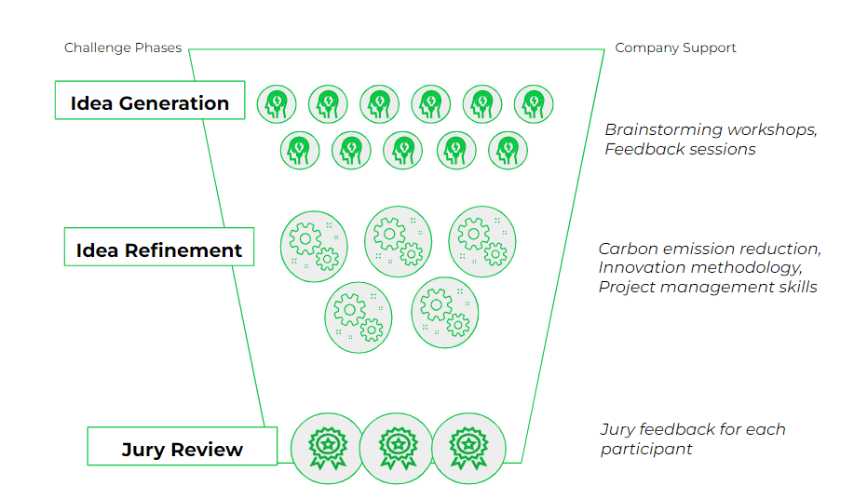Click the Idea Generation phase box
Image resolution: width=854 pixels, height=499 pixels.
click(149, 103)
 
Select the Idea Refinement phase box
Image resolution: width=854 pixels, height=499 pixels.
click(159, 249)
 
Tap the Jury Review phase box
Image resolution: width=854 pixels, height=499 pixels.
click(182, 450)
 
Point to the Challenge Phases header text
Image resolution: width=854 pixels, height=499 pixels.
click(123, 47)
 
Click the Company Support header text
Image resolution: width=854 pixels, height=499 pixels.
click(675, 47)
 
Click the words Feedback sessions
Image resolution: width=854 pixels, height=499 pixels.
click(680, 149)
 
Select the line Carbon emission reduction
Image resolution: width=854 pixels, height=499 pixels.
click(710, 249)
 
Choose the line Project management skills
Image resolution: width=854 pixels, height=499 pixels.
click(708, 287)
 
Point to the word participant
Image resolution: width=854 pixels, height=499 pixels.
click(646, 449)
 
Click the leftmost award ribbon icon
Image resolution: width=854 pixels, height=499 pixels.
click(327, 448)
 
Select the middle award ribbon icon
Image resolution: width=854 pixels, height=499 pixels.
click(396, 448)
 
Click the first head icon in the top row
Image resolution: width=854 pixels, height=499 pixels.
click(277, 102)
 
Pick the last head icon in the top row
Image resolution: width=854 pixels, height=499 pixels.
click(534, 102)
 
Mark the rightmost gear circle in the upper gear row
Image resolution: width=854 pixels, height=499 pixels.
click(481, 242)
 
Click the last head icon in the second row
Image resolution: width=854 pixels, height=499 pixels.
click(508, 149)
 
